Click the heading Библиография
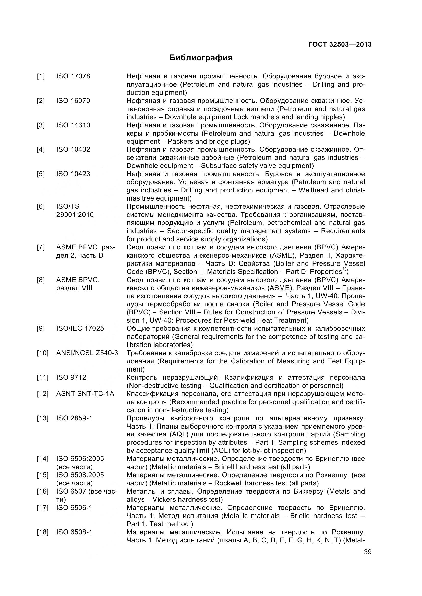click(x=201, y=58)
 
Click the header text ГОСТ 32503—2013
click(x=340, y=44)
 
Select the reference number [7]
click(x=41, y=247)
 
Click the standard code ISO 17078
click(x=73, y=76)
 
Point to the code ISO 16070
click(x=73, y=101)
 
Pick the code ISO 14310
click(x=73, y=125)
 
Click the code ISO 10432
click(x=73, y=149)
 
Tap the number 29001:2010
click(x=75, y=215)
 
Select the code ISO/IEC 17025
click(x=80, y=328)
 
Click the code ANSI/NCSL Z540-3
click(x=87, y=353)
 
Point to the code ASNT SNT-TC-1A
click(x=85, y=394)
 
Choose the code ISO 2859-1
click(x=74, y=418)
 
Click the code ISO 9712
click(x=71, y=377)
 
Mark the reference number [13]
click(x=42, y=418)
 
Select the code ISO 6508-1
click(x=74, y=532)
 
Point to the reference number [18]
click(x=42, y=532)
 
